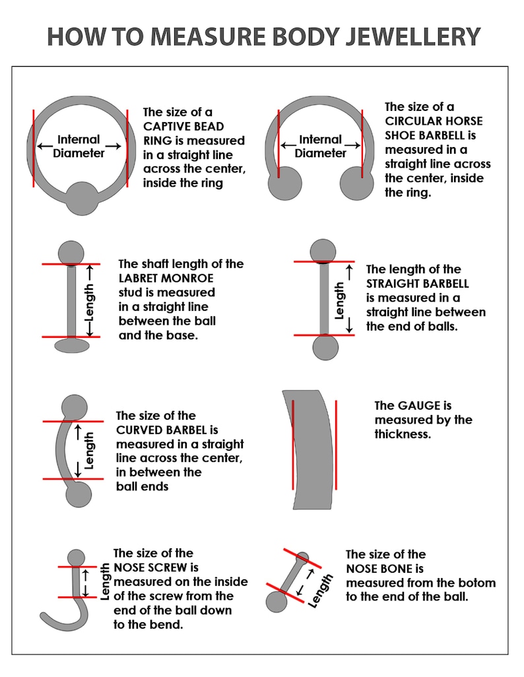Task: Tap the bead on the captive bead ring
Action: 82,199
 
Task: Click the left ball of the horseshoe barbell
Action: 285,183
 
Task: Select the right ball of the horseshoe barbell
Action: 357,183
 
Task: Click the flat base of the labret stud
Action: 72,345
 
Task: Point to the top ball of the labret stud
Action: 71,253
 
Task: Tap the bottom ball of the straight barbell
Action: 325,347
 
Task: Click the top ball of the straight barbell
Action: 323,251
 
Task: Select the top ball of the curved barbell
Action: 75,407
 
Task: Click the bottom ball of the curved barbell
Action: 79,494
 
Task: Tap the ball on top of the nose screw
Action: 77,558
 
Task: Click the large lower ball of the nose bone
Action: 277,602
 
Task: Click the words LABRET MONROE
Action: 166,278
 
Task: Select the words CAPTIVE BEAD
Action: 183,127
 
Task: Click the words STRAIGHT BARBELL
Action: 418,284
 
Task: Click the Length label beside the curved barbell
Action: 89,451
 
